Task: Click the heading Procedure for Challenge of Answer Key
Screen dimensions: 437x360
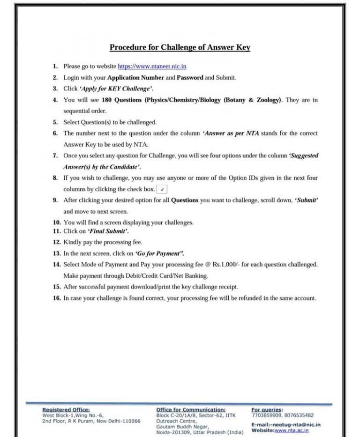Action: coord(180,47)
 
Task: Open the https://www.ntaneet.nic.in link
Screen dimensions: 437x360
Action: coord(152,67)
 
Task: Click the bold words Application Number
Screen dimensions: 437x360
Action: coord(136,77)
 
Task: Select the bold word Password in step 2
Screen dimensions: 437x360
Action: coord(190,77)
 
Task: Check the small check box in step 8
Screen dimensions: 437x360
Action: coord(162,189)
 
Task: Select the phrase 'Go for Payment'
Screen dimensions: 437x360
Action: coord(159,253)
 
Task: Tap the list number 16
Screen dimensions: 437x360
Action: coord(56,298)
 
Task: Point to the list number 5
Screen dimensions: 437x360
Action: coord(55,122)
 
